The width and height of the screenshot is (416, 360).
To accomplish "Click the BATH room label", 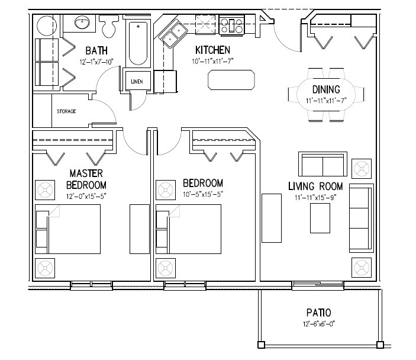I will [96, 50].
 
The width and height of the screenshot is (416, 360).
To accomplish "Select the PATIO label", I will [318, 313].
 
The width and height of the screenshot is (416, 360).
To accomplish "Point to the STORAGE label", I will [66, 111].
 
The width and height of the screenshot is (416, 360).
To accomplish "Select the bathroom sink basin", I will [82, 24].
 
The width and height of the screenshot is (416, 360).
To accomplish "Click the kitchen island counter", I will [231, 79].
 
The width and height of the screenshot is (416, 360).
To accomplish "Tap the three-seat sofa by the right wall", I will [360, 217].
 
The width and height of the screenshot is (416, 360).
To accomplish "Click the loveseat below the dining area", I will [322, 163].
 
